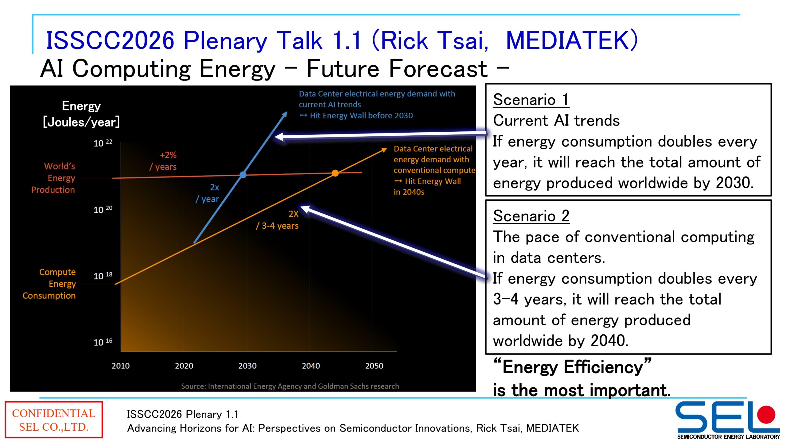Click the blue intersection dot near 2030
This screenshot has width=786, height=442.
243,175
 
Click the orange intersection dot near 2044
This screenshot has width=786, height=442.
335,173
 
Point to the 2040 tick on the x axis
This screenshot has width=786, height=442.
311,366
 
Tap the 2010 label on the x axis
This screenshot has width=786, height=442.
120,366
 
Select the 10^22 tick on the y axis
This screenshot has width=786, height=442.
103,143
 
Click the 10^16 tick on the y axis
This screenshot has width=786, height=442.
103,342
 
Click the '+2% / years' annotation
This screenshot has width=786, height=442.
164,161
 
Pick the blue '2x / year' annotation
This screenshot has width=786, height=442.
208,193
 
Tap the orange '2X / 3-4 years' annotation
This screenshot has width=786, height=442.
278,220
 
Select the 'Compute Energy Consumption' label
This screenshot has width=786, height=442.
50,284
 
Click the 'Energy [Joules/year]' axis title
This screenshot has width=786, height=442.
81,114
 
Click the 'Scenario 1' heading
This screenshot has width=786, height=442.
531,100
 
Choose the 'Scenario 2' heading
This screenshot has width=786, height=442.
531,216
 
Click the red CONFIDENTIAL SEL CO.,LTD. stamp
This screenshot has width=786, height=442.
54,420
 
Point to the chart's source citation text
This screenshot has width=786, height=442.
290,386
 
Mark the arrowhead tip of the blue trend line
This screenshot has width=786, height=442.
286,112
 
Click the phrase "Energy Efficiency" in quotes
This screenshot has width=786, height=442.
572,367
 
